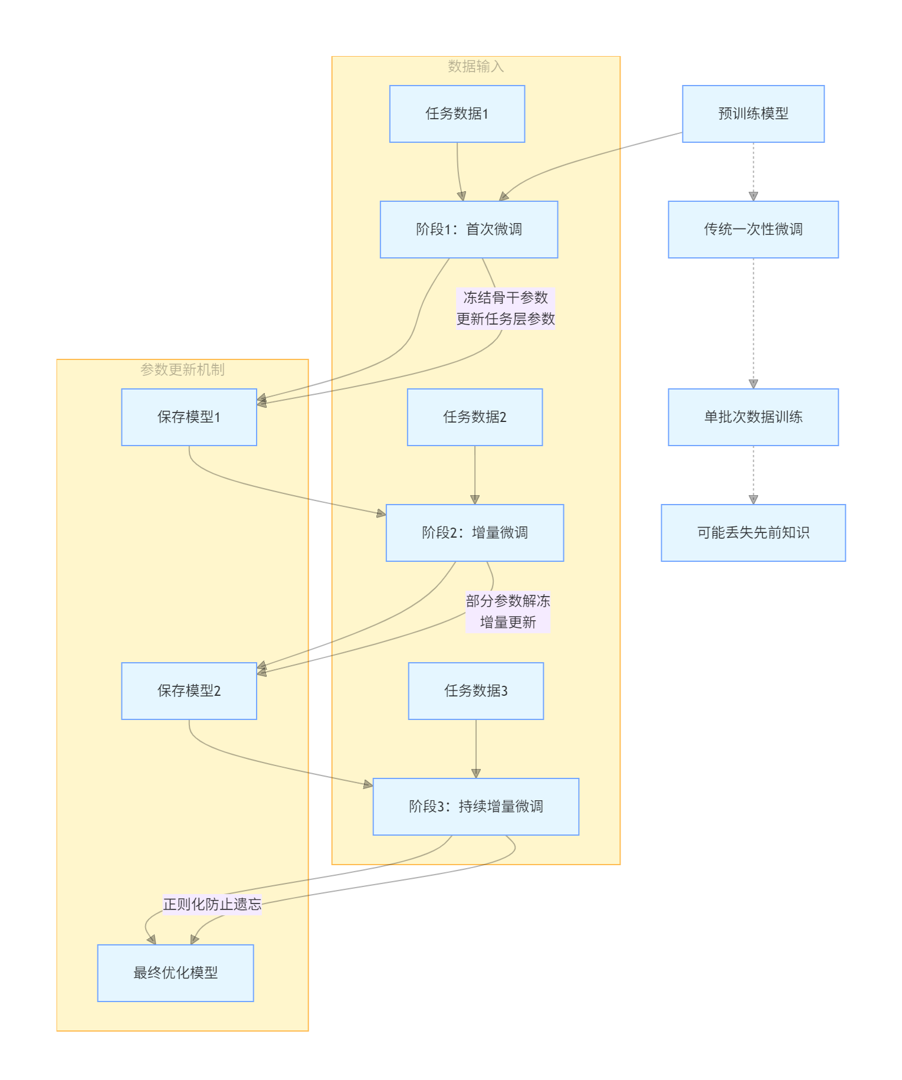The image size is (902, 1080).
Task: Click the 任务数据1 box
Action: pos(457,114)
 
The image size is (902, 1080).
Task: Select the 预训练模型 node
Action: pos(753,114)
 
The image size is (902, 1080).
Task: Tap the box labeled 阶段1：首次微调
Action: pos(468,230)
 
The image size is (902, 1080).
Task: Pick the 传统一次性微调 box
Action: pos(753,230)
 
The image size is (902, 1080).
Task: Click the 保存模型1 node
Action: pos(189,417)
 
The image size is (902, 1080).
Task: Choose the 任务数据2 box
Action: pos(474,417)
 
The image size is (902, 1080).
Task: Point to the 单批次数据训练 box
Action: pos(753,417)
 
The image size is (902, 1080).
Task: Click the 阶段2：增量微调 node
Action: pos(474,533)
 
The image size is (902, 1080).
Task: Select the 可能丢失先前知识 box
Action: pos(753,533)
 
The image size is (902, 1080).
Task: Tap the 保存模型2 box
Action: pos(189,691)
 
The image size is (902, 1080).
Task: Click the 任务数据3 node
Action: pos(475,691)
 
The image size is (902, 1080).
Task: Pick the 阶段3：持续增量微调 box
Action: pos(475,807)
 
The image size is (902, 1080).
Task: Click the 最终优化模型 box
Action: pos(175,973)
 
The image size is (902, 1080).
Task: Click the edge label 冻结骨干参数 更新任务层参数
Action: pos(506,308)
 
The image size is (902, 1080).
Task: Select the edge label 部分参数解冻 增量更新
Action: pos(507,611)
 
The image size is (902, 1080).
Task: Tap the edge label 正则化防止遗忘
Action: pos(212,904)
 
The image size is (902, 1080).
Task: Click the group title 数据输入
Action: pos(475,66)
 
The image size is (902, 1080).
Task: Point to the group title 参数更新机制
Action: pos(182,369)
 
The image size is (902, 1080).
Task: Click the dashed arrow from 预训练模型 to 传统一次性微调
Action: pos(753,171)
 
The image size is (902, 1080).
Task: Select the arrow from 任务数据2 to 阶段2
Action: pos(474,474)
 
